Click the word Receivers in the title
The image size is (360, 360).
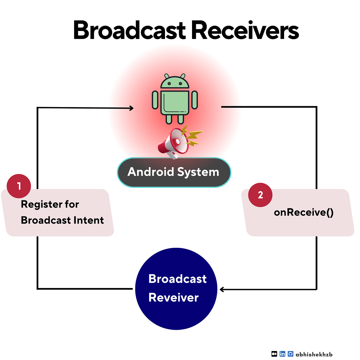pos(245,31)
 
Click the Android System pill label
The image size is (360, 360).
pos(174,172)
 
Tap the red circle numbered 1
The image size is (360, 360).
pos(19,186)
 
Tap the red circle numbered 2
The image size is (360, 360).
pos(260,195)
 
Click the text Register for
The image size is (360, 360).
pos(50,204)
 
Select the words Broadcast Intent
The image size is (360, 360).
pos(62,220)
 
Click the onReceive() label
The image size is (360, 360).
pos(303,212)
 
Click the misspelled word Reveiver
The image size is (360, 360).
pos(173,298)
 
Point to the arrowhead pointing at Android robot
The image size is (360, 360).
pos(131,108)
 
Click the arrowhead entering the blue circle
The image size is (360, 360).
pos(222,289)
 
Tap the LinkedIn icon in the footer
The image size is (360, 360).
pos(282,354)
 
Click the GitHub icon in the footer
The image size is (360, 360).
pos(290,354)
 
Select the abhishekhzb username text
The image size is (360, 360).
pos(314,354)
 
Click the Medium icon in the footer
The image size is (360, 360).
pos(274,354)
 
